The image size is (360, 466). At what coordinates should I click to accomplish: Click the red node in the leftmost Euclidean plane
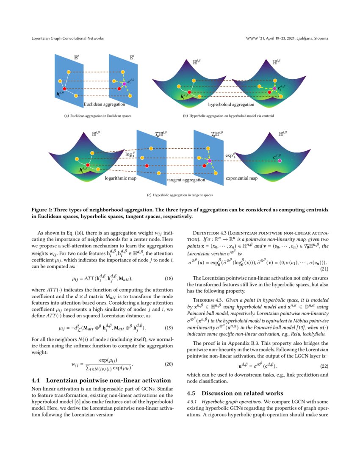[x=65, y=88]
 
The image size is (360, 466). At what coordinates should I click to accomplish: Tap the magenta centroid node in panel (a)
[x=124, y=84]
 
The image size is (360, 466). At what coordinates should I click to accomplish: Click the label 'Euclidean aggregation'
[x=104, y=104]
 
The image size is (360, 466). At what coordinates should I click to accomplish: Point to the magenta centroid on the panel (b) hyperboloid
[x=274, y=88]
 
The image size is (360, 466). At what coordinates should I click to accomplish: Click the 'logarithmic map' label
[x=120, y=178]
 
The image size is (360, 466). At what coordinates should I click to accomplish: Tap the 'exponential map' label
[x=241, y=178]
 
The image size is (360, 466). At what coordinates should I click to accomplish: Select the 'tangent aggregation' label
[x=186, y=180]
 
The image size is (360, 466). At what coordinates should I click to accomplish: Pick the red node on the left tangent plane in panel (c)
[x=147, y=166]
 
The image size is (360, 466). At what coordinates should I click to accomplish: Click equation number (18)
[x=169, y=278]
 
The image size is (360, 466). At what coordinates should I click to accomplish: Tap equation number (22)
[x=324, y=366]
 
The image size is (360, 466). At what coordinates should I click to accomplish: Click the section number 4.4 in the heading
[x=36, y=380]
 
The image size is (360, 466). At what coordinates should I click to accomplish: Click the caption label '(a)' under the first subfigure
[x=66, y=115]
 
